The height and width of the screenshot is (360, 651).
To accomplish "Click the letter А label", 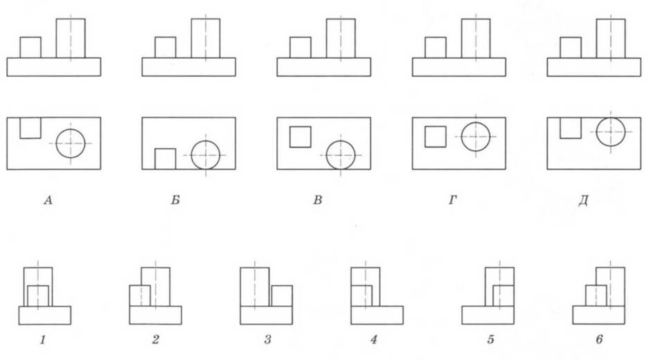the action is click(x=48, y=201).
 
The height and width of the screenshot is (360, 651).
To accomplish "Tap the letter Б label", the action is click(x=175, y=201).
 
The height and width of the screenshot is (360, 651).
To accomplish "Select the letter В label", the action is click(x=318, y=201).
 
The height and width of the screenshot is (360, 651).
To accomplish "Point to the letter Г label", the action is click(x=452, y=201).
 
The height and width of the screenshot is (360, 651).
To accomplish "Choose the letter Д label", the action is click(x=583, y=201).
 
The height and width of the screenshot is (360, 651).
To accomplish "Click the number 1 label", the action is click(x=42, y=340).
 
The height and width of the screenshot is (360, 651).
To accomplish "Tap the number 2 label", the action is click(x=155, y=340).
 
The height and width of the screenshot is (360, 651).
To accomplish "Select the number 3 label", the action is click(x=267, y=340).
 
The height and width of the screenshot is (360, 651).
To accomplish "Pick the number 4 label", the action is click(x=374, y=340).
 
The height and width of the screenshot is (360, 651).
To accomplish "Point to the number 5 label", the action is click(x=490, y=340).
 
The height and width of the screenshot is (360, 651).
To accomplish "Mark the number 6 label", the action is click(x=599, y=340).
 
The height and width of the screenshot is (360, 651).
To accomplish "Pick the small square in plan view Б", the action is click(x=166, y=149).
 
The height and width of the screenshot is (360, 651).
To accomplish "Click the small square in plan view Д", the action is click(x=571, y=138).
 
